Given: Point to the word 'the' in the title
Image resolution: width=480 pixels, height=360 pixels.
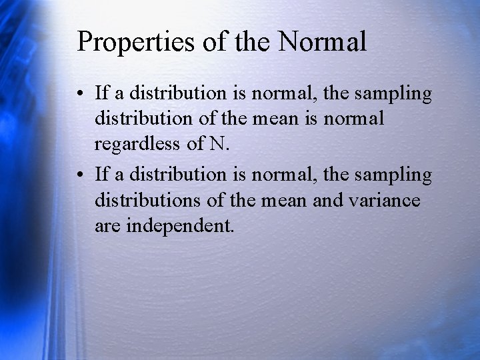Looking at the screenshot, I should point(251,41).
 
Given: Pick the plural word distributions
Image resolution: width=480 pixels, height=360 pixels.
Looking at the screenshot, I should point(149,200).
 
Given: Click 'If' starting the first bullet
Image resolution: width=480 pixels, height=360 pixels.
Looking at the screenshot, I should point(102,94).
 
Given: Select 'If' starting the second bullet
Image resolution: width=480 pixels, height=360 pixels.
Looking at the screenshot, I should point(102,174).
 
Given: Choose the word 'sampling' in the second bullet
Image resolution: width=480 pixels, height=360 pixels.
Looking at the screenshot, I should point(394,175).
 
